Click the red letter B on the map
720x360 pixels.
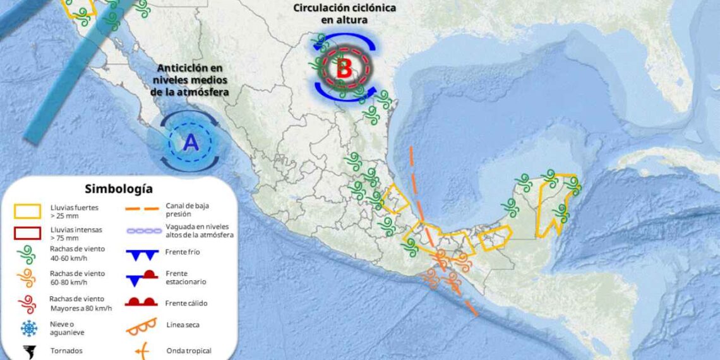tap(344, 69)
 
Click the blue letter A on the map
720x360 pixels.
tap(191, 143)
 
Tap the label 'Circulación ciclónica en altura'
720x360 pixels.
tap(344, 13)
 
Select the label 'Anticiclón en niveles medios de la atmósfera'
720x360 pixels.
tap(189, 80)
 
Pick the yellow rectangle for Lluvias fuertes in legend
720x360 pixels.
tap(28, 210)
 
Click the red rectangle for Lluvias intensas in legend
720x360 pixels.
tap(28, 233)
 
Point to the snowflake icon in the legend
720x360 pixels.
tap(28, 328)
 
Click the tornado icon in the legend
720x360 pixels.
tap(28, 351)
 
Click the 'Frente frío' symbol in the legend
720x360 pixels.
tap(141, 255)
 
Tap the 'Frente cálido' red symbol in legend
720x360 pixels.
tap(141, 303)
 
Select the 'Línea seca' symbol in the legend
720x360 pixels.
tap(141, 326)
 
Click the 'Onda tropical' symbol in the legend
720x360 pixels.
tap(141, 350)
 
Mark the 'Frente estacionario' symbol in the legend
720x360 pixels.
tap(141, 277)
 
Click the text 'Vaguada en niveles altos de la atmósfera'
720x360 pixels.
tap(200, 231)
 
